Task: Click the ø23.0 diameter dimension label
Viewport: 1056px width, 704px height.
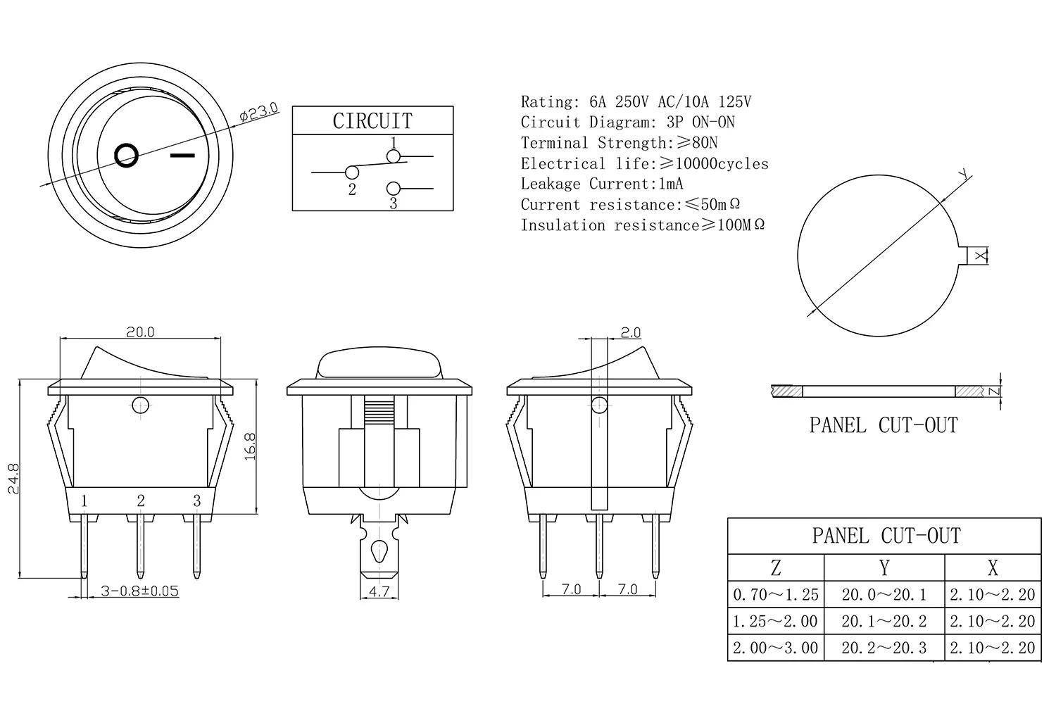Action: coord(259,112)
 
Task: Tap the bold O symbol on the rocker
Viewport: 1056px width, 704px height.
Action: coord(127,155)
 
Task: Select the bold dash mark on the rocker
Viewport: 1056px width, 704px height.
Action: coord(182,155)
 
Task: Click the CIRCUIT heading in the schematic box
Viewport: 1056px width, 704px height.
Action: coord(372,121)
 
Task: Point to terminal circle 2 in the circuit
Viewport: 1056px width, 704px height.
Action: coord(352,172)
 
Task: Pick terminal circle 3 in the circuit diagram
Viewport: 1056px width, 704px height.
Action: coord(393,189)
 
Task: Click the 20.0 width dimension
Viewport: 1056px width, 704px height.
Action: coord(140,332)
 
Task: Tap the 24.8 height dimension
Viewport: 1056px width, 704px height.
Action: coord(13,478)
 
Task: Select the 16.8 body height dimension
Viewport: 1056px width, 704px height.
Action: coord(251,446)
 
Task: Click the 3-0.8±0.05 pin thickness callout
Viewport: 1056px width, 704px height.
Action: coord(140,591)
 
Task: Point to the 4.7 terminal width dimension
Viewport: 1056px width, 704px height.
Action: coord(379,591)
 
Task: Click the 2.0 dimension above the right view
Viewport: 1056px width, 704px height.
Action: coord(630,333)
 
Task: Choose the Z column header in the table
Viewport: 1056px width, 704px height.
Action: coord(776,567)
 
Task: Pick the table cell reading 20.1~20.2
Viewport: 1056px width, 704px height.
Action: coord(884,621)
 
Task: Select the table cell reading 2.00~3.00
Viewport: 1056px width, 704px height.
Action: coord(776,648)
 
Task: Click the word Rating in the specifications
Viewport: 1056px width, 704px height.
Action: coord(547,102)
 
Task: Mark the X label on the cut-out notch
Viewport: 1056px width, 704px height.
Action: coord(981,256)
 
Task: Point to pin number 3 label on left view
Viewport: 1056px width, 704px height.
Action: coord(197,501)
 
